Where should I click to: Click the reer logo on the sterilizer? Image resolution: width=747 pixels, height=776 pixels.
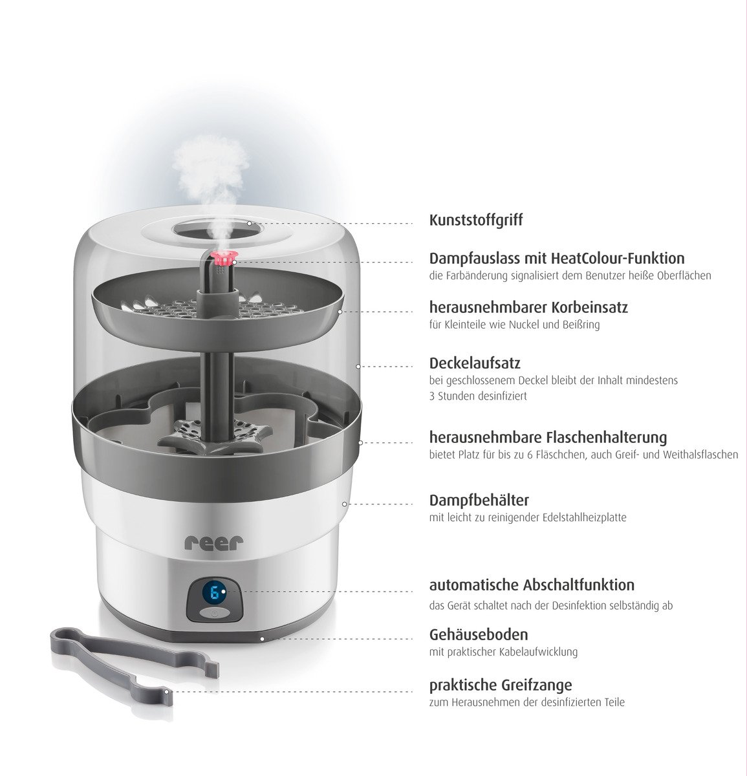pyautogui.click(x=214, y=542)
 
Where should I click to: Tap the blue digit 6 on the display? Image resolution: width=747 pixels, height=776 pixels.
pyautogui.click(x=214, y=592)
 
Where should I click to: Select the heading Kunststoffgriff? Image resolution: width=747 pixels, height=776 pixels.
pyautogui.click(x=475, y=220)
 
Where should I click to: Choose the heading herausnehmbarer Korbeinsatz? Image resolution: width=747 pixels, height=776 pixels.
pyautogui.click(x=528, y=307)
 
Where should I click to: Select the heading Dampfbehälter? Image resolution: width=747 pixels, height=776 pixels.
pyautogui.click(x=479, y=500)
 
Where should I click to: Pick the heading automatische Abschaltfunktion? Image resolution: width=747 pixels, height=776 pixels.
pyautogui.click(x=532, y=585)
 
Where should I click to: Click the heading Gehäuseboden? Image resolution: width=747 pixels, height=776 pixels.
pyautogui.click(x=478, y=634)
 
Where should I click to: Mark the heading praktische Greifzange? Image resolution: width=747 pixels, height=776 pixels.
pyautogui.click(x=501, y=685)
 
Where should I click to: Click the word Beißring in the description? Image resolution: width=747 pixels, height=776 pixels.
pyautogui.click(x=580, y=325)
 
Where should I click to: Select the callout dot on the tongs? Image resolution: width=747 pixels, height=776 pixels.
pyautogui.click(x=166, y=691)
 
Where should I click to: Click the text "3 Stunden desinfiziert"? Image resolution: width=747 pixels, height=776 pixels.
pyautogui.click(x=478, y=396)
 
